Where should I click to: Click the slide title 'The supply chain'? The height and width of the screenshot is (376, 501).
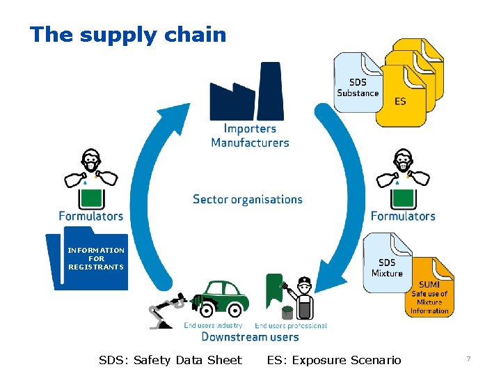pos(128,34)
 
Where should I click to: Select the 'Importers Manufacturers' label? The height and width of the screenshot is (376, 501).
pos(250,136)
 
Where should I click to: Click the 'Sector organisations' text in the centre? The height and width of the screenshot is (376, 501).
pos(248,199)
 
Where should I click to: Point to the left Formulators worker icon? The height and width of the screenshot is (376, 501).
pos(90,178)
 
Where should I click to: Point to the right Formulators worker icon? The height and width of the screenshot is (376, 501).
pos(402,178)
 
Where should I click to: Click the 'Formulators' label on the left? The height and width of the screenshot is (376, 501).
pos(90,216)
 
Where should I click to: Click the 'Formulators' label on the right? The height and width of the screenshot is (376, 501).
pos(403,216)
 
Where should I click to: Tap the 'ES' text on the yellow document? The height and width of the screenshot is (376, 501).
pos(400,102)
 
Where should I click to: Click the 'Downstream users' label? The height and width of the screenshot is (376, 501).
pos(250,337)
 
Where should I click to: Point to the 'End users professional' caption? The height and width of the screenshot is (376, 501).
pos(291,325)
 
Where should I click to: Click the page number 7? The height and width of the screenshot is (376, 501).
pos(468,359)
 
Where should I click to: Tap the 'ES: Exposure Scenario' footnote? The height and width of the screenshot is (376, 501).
pos(334,360)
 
